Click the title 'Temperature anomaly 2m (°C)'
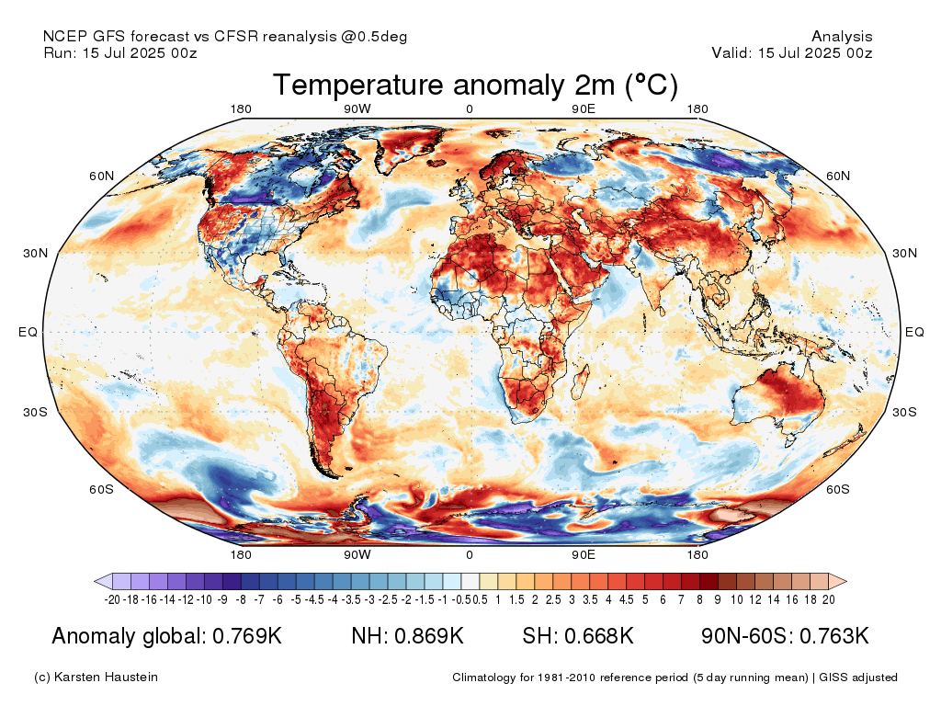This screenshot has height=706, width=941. pyautogui.click(x=475, y=85)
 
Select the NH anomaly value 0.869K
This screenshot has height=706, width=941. pyautogui.click(x=426, y=636)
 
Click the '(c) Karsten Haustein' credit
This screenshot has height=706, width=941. pyautogui.click(x=96, y=678)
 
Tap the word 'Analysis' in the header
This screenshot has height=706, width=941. pyautogui.click(x=842, y=37)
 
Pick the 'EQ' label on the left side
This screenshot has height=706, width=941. pyautogui.click(x=28, y=332)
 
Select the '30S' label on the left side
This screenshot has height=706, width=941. pyautogui.click(x=36, y=412)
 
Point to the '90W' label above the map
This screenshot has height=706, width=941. pyautogui.click(x=357, y=110)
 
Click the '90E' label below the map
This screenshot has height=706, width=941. pyautogui.click(x=584, y=555)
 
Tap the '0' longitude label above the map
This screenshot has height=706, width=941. pyautogui.click(x=470, y=110)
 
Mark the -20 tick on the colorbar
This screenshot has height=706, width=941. pyautogui.click(x=113, y=599)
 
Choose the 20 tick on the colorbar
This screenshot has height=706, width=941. pyautogui.click(x=828, y=599)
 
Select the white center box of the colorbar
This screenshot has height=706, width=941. pyautogui.click(x=470, y=581)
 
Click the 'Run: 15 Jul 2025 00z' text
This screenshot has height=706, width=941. pyautogui.click(x=120, y=52)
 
